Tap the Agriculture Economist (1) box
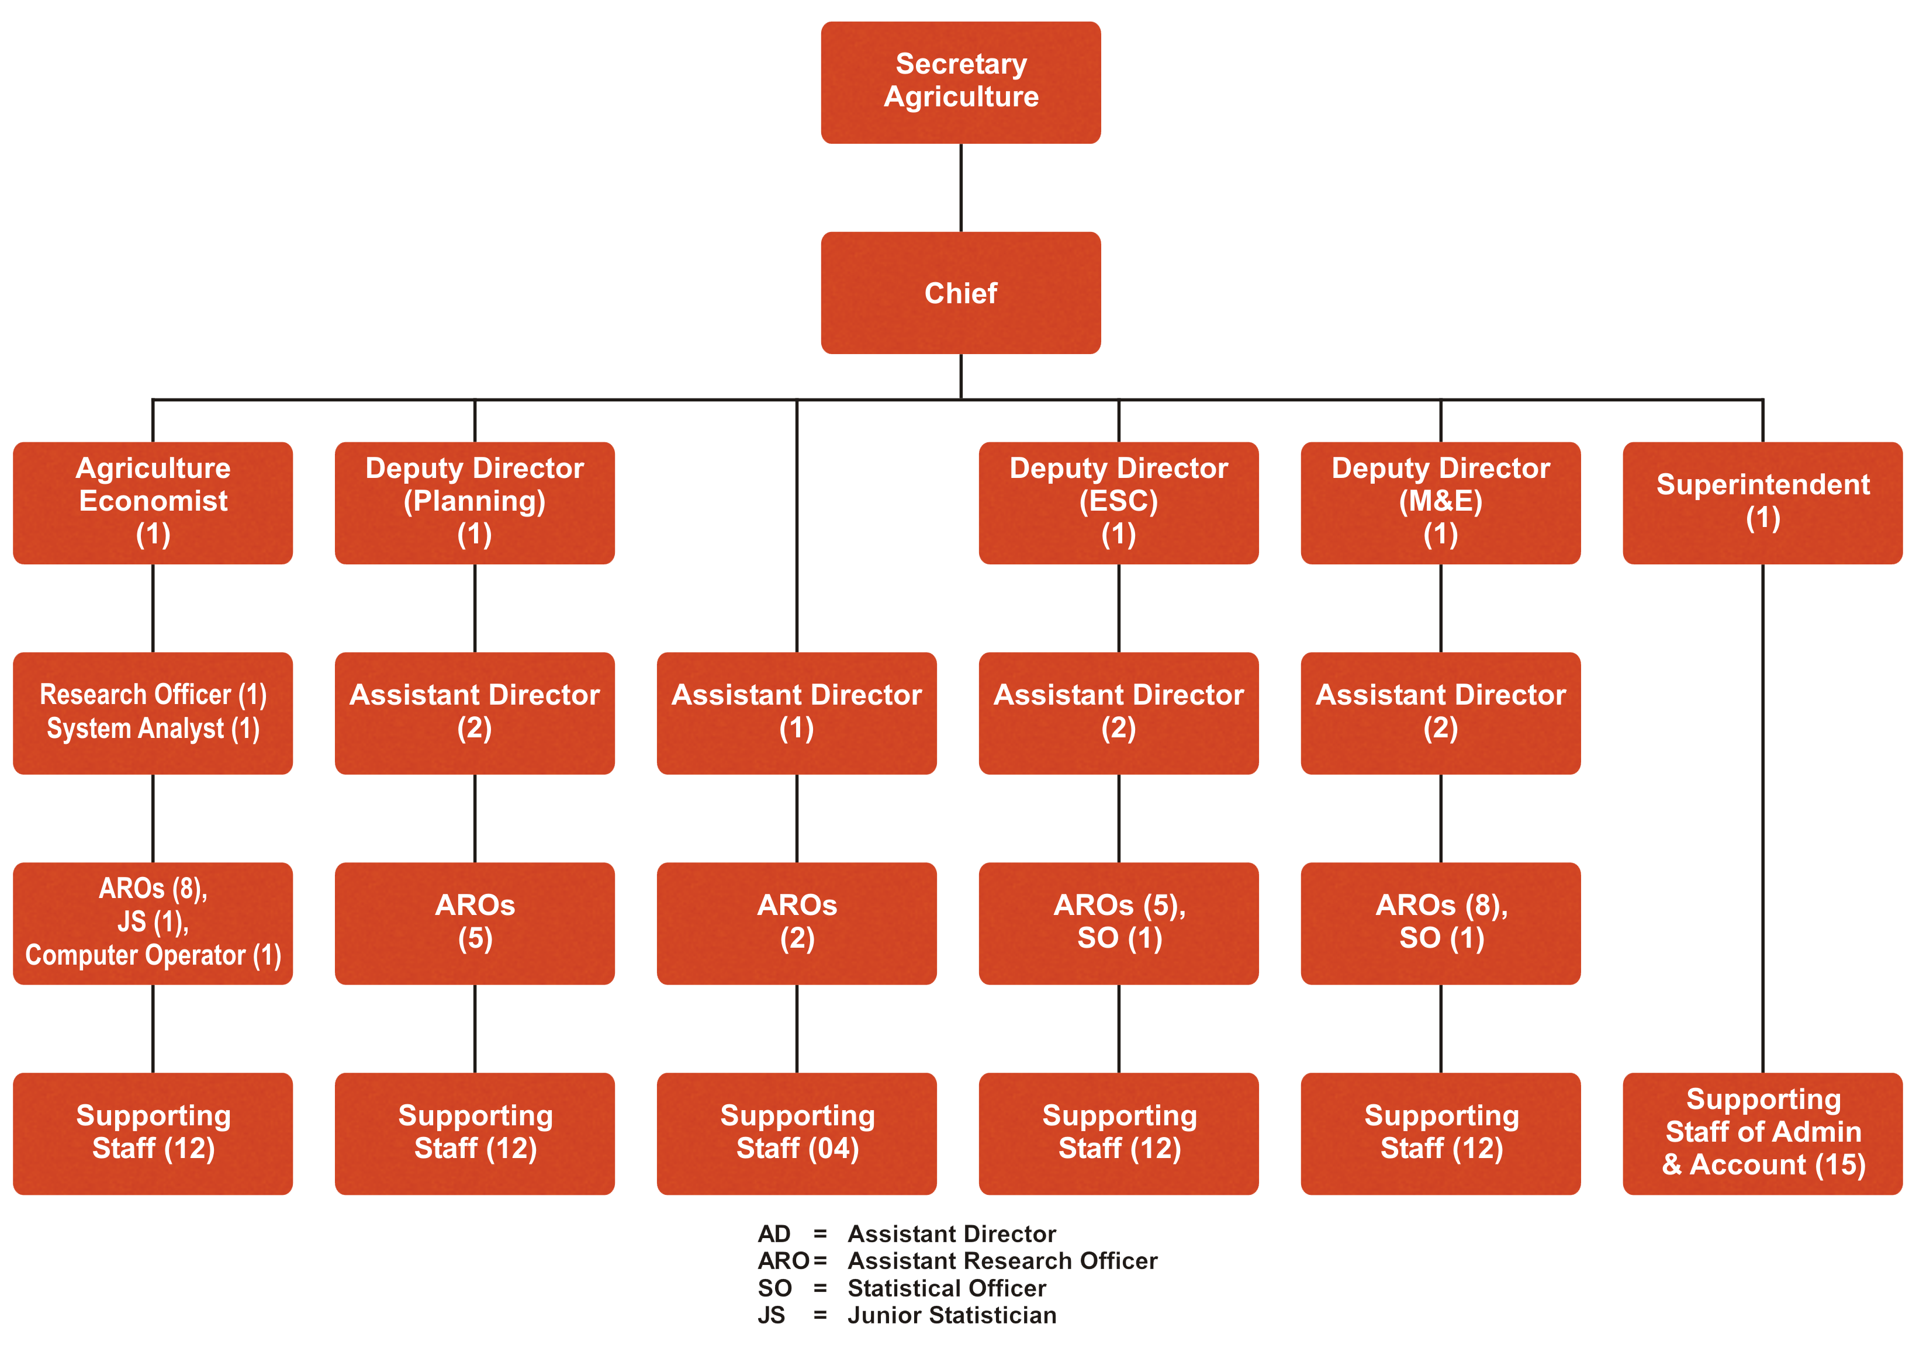153,502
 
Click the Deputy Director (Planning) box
475,502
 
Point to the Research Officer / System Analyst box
153,713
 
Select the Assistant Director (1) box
796,713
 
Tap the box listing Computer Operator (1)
153,923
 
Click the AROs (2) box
796,923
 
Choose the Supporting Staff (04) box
796,1133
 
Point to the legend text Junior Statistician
952,1316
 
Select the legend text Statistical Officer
946,1288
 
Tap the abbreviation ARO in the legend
783,1261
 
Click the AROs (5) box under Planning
475,923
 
